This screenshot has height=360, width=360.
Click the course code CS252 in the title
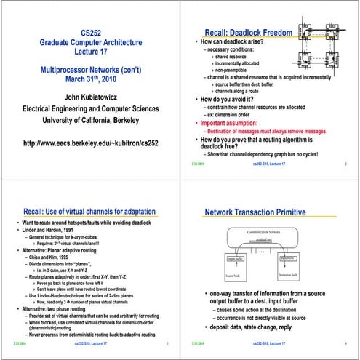(x=90, y=33)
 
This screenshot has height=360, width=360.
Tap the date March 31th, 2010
(x=90, y=79)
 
